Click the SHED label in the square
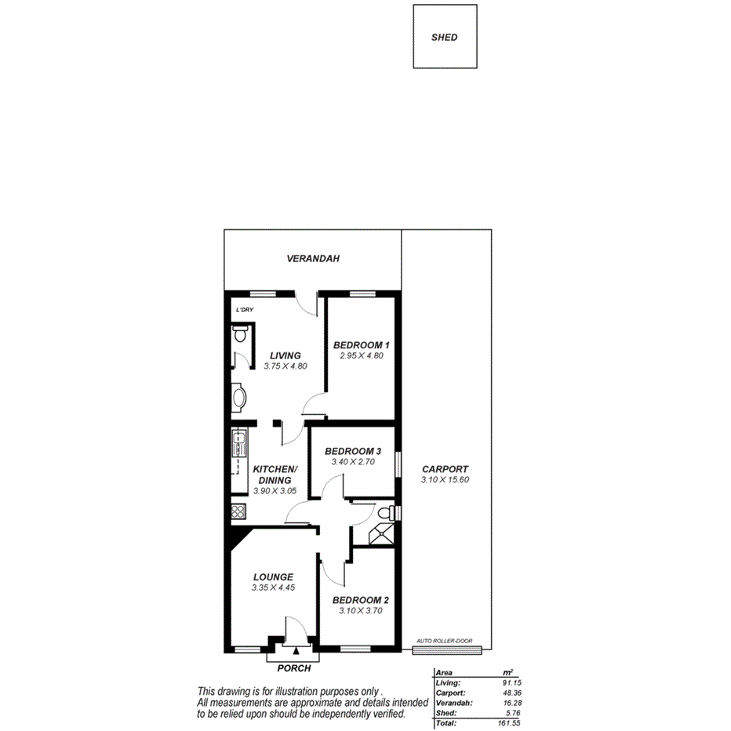(x=444, y=37)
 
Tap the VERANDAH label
(x=312, y=258)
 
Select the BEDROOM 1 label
(x=361, y=345)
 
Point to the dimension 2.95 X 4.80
(x=361, y=356)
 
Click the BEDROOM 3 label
(x=352, y=451)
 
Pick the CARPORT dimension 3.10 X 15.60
(x=445, y=480)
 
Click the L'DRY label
(x=245, y=310)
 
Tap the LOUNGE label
(x=272, y=576)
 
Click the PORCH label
(x=294, y=668)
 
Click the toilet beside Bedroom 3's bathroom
(x=384, y=513)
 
